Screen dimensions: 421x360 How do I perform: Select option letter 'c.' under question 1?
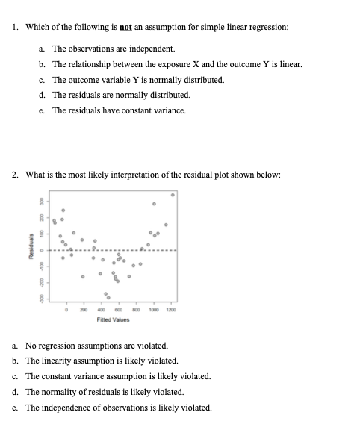pyautogui.click(x=40, y=80)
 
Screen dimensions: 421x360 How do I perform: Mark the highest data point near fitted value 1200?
pyautogui.click(x=173, y=195)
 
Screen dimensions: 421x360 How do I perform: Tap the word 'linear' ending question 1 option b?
pyautogui.click(x=291, y=64)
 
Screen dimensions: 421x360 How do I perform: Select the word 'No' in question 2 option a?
pyautogui.click(x=31, y=347)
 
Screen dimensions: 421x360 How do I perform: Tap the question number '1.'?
pyautogui.click(x=16, y=28)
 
